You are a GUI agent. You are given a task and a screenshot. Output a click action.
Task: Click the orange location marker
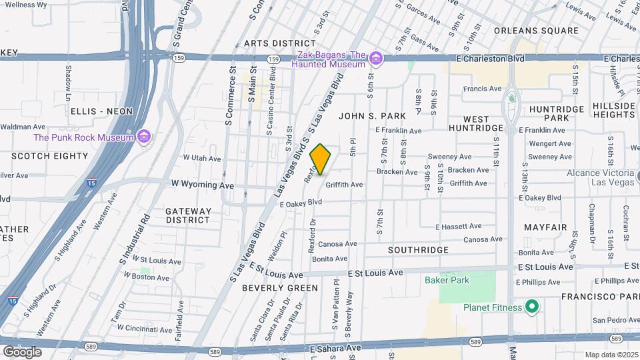(x=321, y=159)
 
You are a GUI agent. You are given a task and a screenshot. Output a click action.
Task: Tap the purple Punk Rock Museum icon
(x=143, y=138)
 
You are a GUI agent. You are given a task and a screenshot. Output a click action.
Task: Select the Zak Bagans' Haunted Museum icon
(x=377, y=60)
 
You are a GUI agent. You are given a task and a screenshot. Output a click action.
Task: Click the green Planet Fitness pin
(x=531, y=307)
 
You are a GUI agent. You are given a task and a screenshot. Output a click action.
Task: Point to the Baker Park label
(x=447, y=280)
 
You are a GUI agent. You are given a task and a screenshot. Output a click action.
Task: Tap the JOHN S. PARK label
(x=372, y=116)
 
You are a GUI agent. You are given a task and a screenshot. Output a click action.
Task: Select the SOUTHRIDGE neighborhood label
(x=419, y=249)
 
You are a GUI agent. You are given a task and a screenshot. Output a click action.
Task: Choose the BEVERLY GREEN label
(x=271, y=288)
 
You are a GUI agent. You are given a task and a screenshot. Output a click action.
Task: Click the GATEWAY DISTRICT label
(x=188, y=215)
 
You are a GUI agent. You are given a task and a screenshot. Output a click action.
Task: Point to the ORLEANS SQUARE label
(x=536, y=31)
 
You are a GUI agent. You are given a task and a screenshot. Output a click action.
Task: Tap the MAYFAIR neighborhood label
(x=545, y=227)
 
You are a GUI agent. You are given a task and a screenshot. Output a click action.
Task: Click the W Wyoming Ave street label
(x=203, y=185)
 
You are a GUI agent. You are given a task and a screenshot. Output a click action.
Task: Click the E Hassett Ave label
(x=459, y=227)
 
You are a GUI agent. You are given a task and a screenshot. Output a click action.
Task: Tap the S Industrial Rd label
(x=134, y=237)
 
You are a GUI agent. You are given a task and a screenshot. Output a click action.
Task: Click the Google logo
(x=22, y=351)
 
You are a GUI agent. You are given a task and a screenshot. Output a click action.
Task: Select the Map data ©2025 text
(x=611, y=355)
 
